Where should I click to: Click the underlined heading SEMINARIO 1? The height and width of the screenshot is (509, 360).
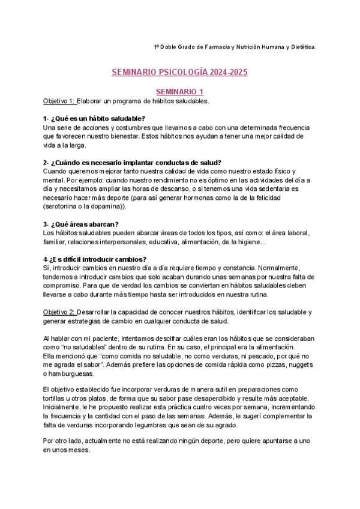coord(179,91)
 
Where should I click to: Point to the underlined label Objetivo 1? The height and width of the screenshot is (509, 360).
coord(59,101)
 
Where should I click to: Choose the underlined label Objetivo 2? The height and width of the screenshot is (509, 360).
coord(59,312)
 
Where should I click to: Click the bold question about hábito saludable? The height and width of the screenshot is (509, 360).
coord(94,119)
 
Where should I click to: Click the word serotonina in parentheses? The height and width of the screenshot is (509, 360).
coord(62,206)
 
